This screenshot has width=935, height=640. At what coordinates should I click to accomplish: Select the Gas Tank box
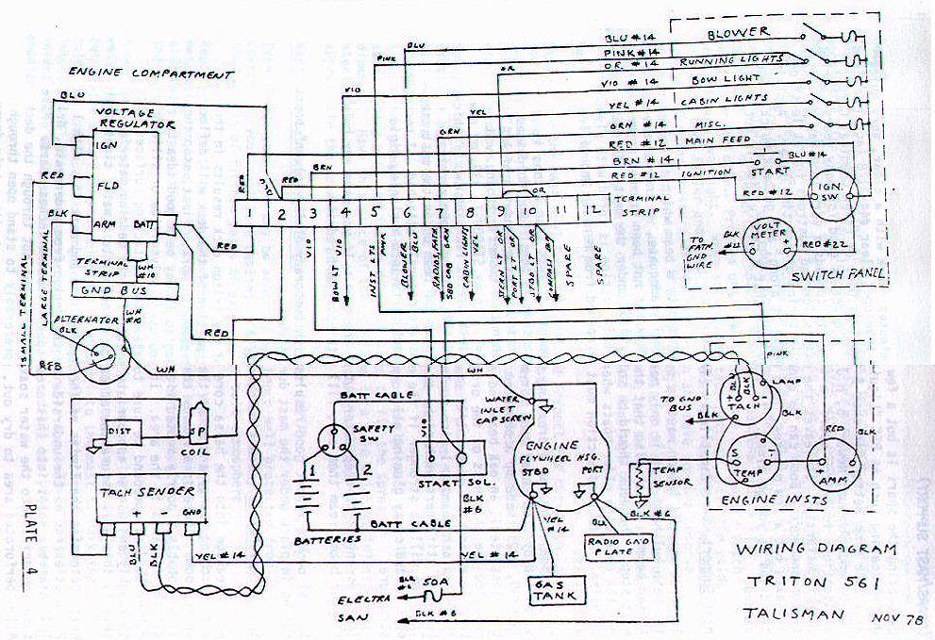[557, 591]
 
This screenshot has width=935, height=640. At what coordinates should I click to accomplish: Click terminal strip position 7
[439, 213]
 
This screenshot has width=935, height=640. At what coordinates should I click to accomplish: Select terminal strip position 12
[592, 213]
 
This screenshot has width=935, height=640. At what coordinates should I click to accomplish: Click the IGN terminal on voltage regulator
[107, 146]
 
